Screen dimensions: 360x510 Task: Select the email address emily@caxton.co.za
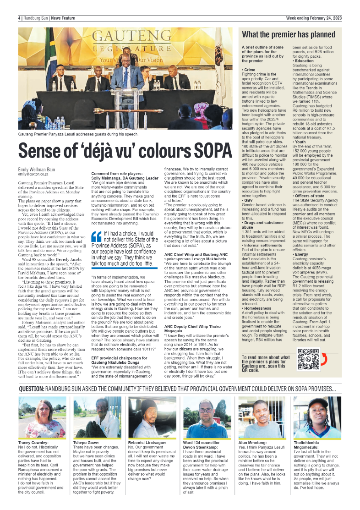(x=35, y=174)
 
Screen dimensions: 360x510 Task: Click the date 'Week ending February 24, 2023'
(x=314, y=18)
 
